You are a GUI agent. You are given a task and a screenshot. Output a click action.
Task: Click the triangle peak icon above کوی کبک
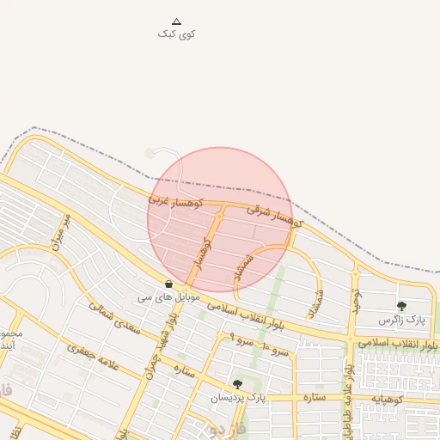(x=177, y=21)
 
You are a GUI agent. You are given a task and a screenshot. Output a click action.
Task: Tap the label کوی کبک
(x=177, y=34)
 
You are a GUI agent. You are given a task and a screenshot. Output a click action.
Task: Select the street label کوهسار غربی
(x=174, y=200)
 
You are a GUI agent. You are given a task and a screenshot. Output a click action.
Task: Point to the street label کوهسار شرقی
(x=276, y=217)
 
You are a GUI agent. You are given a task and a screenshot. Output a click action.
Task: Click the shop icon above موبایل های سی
(x=168, y=284)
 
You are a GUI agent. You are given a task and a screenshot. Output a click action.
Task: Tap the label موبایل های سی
(x=168, y=296)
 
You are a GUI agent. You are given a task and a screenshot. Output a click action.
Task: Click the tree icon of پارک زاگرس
(x=401, y=306)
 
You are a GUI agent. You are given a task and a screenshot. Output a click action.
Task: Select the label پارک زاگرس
(x=402, y=320)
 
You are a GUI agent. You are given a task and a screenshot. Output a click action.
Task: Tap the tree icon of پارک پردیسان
(x=237, y=384)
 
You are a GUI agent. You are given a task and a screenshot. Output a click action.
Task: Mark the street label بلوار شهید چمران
(x=162, y=339)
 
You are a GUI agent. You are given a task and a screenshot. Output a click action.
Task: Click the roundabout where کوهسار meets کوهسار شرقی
(x=219, y=209)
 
